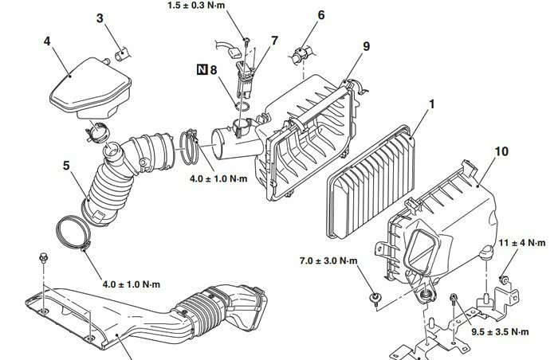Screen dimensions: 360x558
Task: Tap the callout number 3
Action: (x=100, y=18)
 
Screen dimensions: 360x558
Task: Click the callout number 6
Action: (x=320, y=15)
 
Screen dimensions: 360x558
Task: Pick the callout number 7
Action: (x=274, y=40)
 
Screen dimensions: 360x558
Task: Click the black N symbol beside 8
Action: (x=202, y=70)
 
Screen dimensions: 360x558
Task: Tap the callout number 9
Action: (x=366, y=47)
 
